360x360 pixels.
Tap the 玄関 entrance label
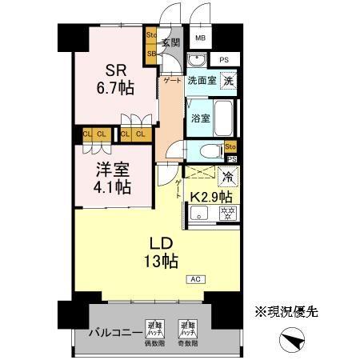(170, 42)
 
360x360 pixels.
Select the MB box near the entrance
(200, 38)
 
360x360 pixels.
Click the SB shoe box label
(151, 54)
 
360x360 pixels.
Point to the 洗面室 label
(202, 81)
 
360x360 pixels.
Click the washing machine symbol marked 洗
(229, 80)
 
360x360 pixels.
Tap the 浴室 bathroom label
(200, 117)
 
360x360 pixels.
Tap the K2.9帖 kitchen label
(211, 196)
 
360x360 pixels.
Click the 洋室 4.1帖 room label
(106, 180)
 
